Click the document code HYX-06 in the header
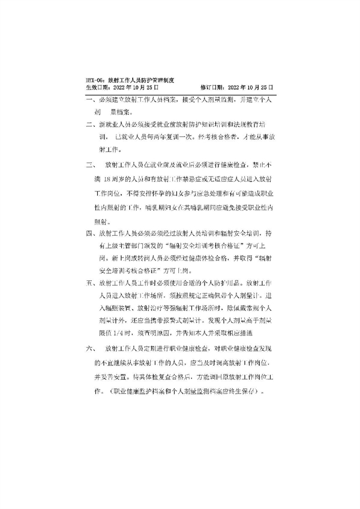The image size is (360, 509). tap(95, 79)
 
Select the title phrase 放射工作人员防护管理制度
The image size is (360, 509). tap(136, 79)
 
